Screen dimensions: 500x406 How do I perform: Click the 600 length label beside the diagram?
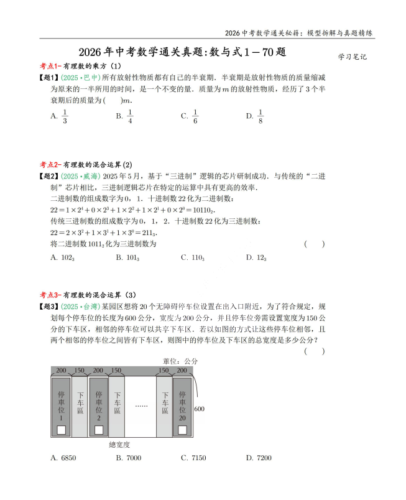199,409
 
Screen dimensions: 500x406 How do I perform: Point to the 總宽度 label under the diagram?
119,444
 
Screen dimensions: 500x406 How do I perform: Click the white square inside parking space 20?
182,430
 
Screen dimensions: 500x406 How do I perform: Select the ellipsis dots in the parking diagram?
141,405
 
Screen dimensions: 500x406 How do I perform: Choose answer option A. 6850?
63,458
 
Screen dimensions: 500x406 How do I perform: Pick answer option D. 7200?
259,458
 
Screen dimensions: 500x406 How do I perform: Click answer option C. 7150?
193,458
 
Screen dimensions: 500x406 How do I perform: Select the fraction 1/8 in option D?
261,116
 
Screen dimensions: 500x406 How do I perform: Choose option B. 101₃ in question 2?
127,257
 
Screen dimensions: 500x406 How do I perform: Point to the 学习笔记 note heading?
353,57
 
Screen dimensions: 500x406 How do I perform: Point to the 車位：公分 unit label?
180,361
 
